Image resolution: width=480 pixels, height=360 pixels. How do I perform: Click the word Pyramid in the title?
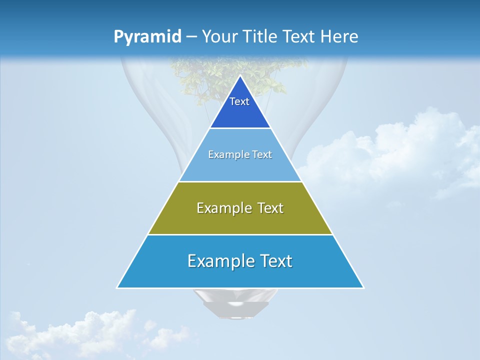(x=147, y=37)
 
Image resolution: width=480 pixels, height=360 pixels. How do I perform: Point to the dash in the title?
(x=191, y=37)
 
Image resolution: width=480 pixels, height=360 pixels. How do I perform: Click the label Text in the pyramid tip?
(x=239, y=101)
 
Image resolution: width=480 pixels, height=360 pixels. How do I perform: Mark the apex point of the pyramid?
(x=240, y=75)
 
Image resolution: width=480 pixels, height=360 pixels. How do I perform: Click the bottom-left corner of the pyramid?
(x=117, y=287)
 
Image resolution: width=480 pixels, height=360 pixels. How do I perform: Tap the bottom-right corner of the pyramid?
(x=363, y=287)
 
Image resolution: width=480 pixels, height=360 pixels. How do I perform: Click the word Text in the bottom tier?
(x=273, y=261)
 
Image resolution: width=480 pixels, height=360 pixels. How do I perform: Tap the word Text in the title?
(x=299, y=37)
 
